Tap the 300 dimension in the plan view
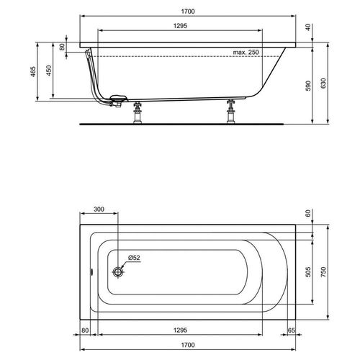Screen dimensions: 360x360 click(x=99, y=210)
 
